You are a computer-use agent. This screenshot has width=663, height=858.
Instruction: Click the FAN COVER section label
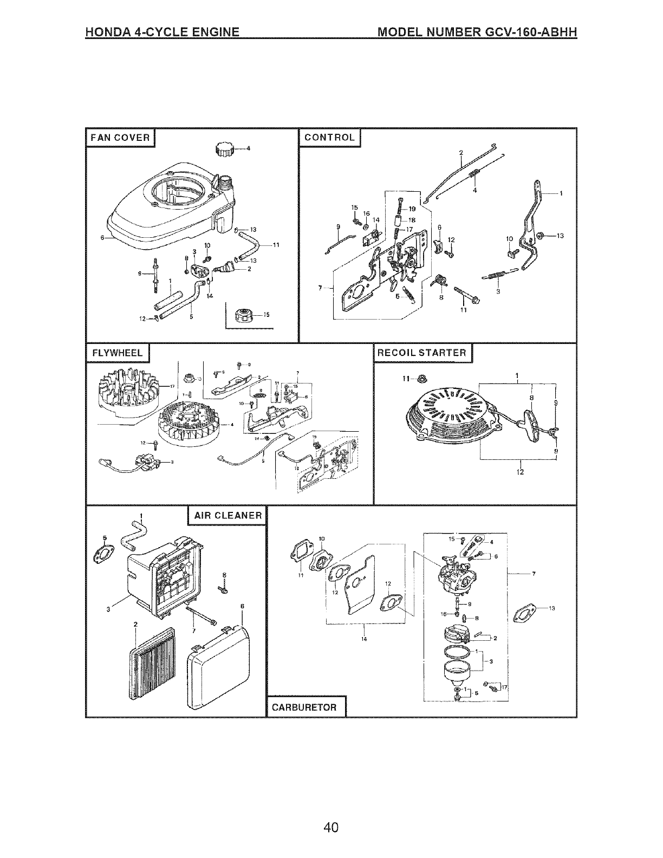pos(120,138)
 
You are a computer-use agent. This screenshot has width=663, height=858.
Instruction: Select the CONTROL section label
pos(329,138)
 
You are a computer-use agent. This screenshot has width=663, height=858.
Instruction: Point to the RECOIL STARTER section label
pos(422,353)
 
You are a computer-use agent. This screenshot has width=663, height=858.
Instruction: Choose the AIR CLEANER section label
pos(226,516)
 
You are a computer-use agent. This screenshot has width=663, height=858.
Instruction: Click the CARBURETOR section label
pos(304,707)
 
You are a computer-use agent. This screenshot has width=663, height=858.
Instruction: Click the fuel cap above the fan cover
pos(225,148)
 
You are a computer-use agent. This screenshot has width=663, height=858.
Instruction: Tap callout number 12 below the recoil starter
pos(521,471)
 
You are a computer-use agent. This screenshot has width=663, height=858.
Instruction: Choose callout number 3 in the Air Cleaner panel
pos(108,610)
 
